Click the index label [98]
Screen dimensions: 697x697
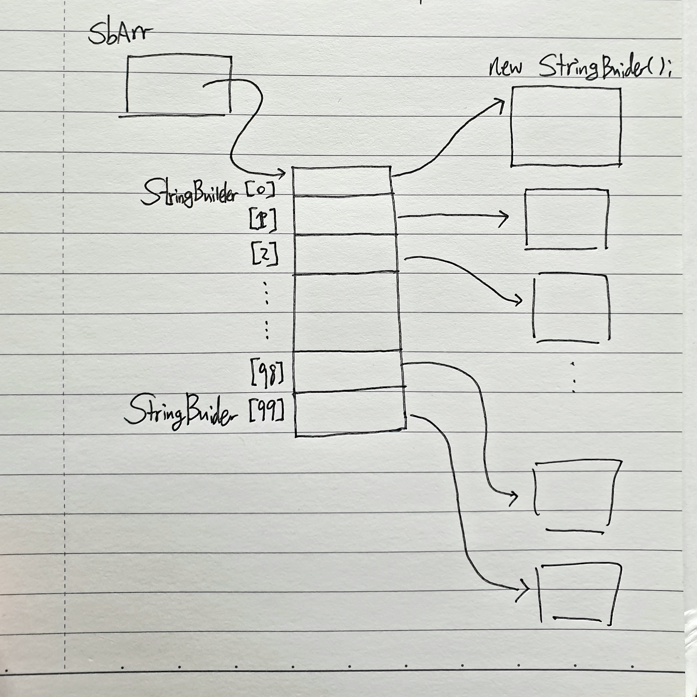click(267, 375)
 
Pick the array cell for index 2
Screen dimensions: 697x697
click(346, 255)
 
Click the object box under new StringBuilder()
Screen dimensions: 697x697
click(566, 126)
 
